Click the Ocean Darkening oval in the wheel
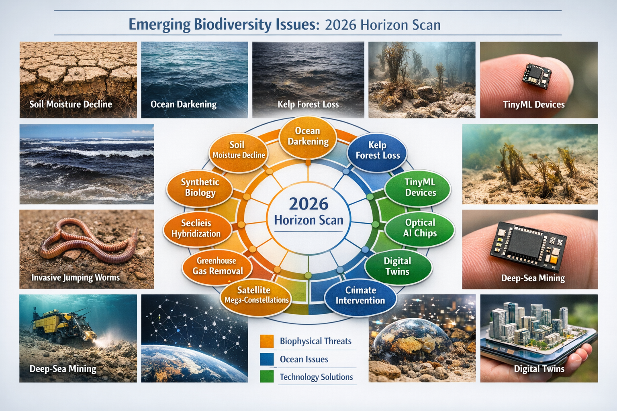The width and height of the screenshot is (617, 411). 308,136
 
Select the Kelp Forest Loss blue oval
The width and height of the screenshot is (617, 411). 378,151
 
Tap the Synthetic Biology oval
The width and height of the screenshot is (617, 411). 200,187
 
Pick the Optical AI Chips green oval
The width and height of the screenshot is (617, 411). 420,228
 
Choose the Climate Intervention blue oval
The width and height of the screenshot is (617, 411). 360,295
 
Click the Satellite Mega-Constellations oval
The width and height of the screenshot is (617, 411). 256,295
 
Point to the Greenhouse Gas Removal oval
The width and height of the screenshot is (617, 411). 217,266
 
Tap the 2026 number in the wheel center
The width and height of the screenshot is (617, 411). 308,204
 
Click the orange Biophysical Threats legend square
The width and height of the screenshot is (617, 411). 267,341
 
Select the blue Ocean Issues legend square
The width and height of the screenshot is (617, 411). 267,359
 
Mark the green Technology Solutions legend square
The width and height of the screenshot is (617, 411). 267,376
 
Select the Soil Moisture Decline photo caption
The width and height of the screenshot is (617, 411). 71,104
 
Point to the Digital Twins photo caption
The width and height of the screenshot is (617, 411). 539,369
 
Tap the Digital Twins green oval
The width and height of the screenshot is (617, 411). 397,267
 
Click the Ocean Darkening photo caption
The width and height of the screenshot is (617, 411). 184,105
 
